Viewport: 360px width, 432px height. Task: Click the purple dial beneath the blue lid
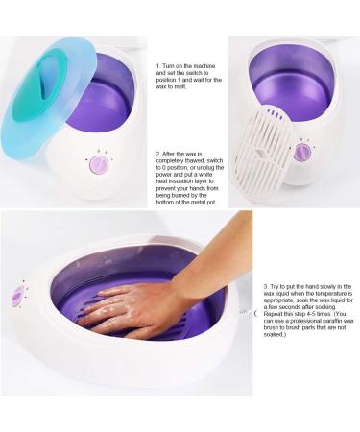[97, 166]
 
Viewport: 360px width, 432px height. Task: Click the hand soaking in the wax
[134, 305]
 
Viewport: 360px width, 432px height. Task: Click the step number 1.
[157, 66]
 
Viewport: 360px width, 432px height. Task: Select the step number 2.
[157, 152]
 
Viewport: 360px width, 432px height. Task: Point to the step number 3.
[266, 286]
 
